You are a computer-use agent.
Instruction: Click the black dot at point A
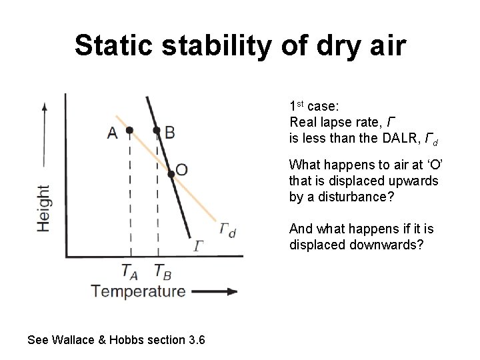131,129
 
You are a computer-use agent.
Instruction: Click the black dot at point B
157,129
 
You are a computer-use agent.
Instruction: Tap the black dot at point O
171,173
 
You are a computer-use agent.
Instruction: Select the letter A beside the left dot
113,133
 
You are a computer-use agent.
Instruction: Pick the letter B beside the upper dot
170,133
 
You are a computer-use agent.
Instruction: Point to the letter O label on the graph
182,170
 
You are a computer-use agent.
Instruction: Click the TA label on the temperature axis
131,271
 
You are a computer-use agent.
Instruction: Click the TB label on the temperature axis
163,271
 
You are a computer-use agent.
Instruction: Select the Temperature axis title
138,291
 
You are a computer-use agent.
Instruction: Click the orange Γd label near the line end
227,231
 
